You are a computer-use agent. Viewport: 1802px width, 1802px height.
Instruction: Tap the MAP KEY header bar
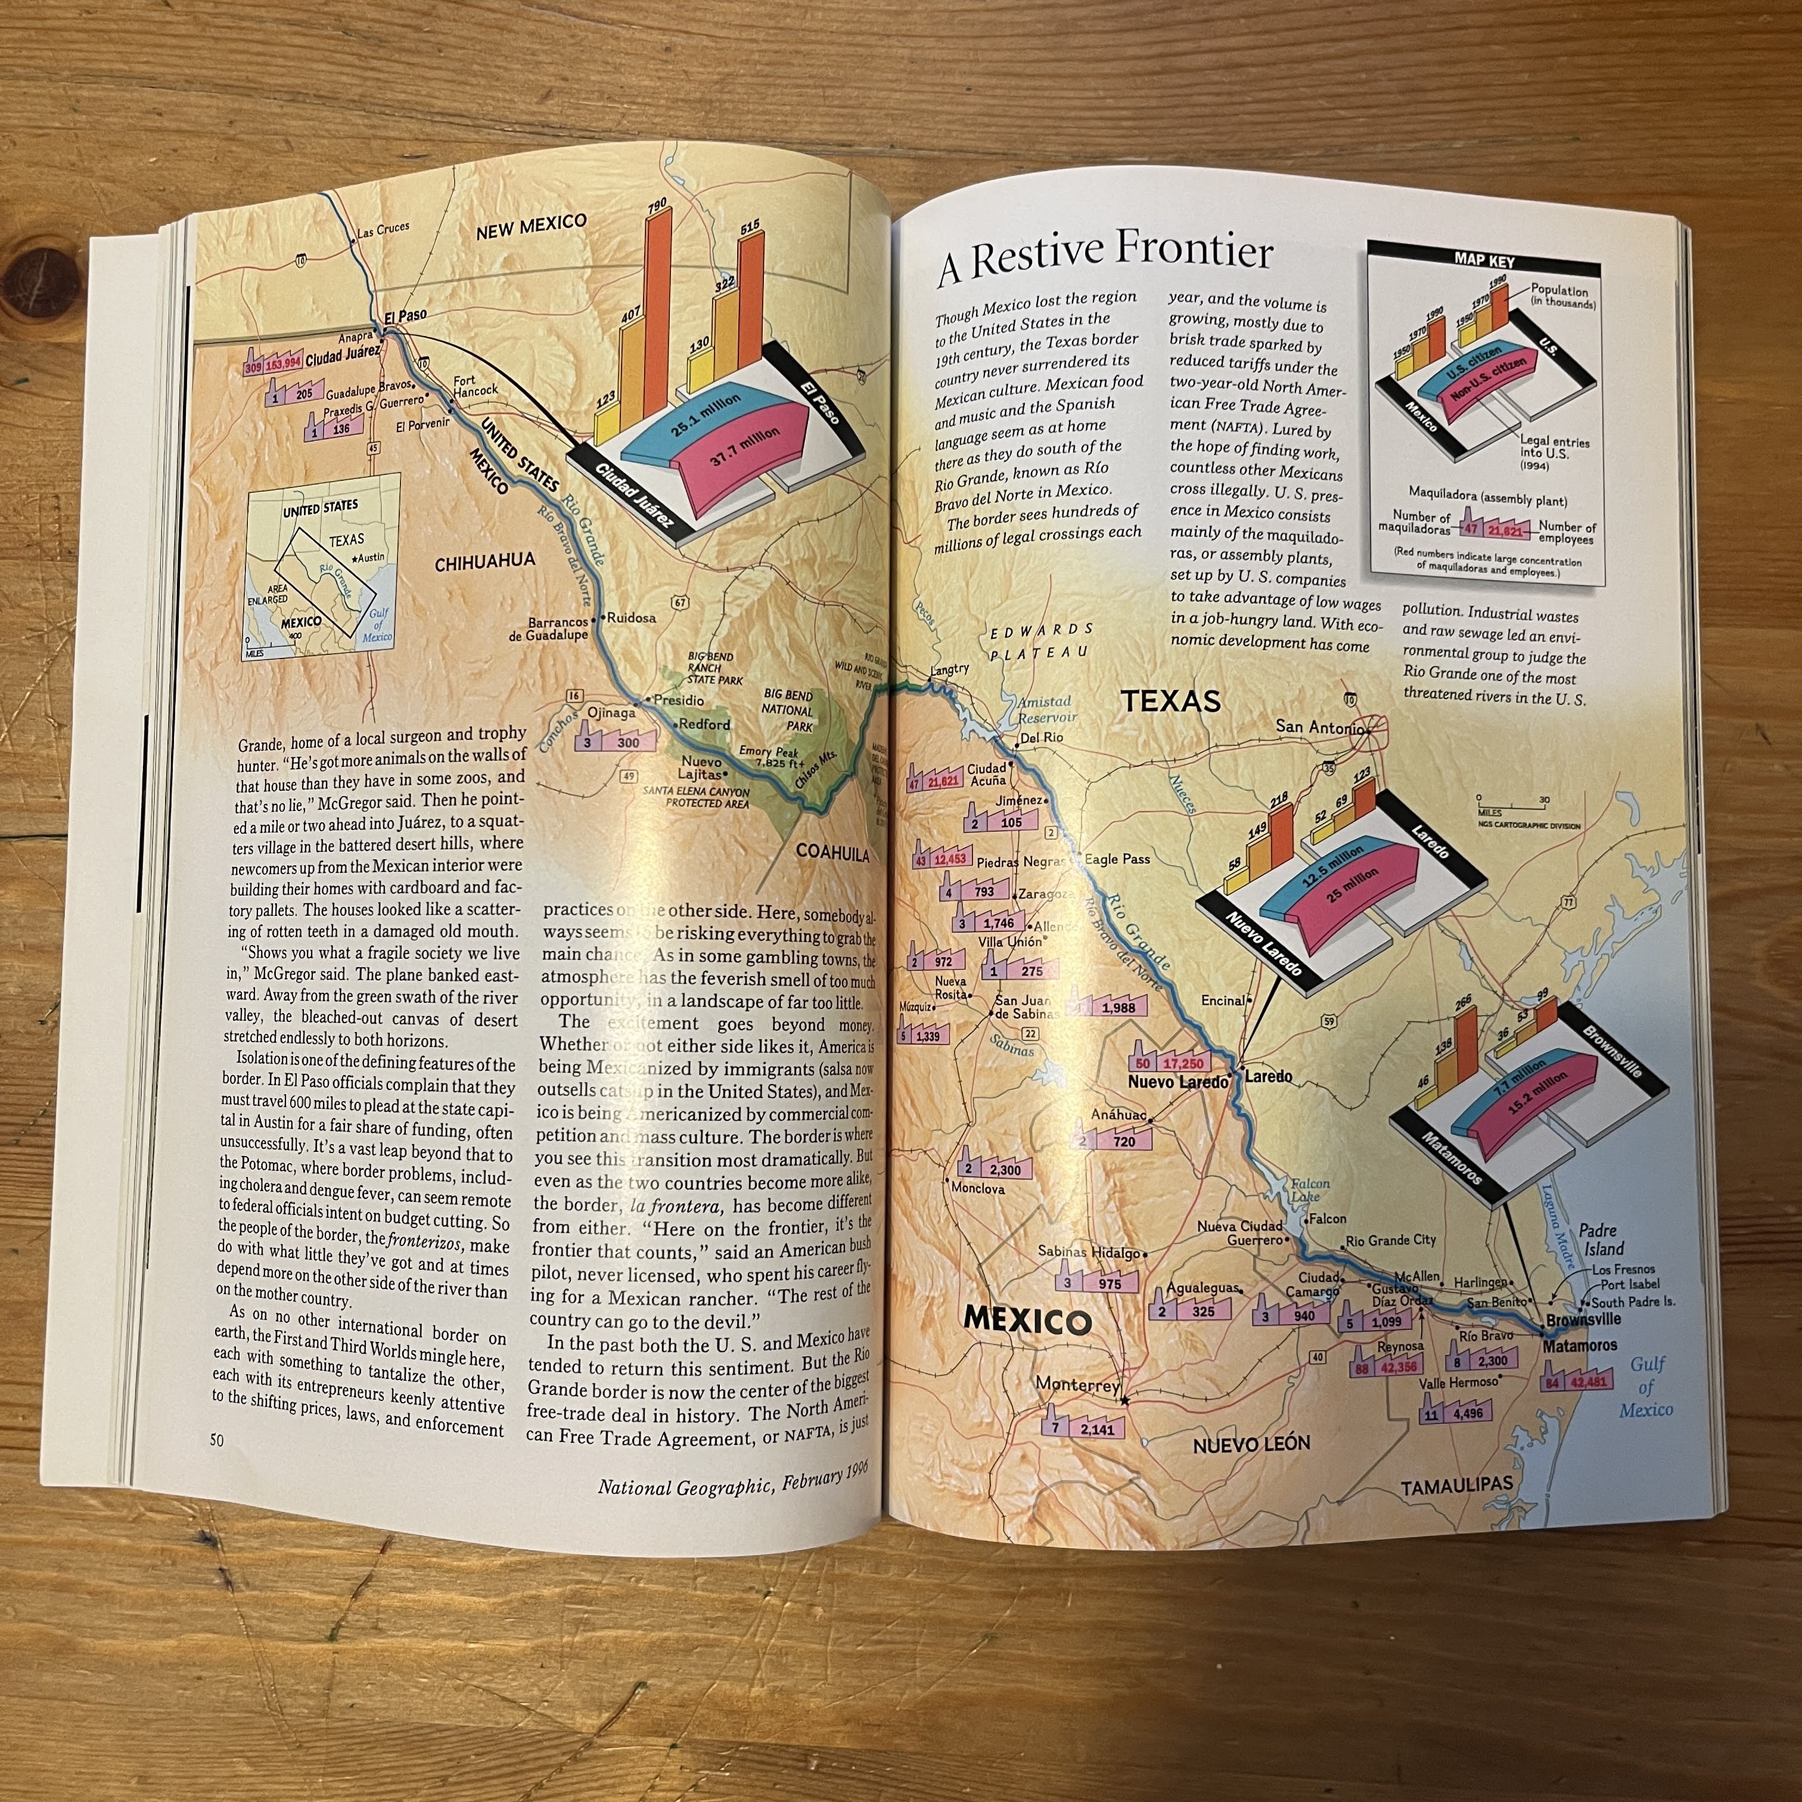pos(1484,262)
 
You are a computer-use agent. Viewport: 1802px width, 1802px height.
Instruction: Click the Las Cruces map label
pos(383,229)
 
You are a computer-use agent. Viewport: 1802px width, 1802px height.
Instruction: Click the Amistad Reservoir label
pos(1046,710)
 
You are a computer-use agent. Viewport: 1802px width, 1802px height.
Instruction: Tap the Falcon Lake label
pos(1310,1190)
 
